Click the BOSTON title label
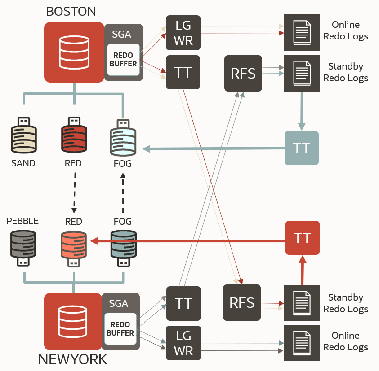pos(71,11)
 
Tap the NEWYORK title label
pos(73,359)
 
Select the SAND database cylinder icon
pos(23,136)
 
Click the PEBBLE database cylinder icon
pos(23,248)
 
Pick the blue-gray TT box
pos(301,148)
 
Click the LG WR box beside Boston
pos(183,33)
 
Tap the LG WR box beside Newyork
pos(183,343)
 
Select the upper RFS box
pos(243,73)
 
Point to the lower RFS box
pos(242,303)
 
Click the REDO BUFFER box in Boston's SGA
pos(123,60)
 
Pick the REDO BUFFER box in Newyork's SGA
pos(120,329)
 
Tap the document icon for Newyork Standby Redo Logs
pos(302,303)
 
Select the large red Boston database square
pos(74,52)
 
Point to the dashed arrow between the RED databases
pos(73,193)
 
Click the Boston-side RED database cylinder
pos(73,136)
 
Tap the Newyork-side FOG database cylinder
pos(123,248)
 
